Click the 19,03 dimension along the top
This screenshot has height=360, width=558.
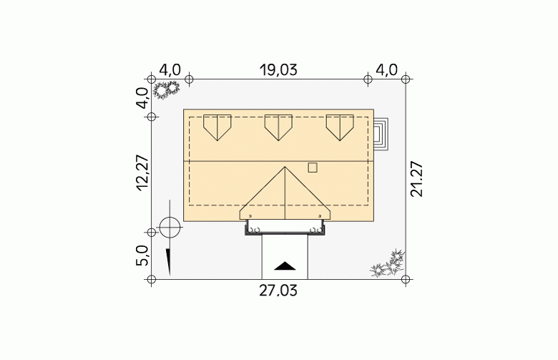278,70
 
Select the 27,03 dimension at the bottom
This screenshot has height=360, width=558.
278,291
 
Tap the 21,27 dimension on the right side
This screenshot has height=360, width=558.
417,179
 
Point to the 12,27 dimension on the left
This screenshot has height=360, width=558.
142,173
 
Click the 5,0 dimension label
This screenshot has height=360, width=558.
142,256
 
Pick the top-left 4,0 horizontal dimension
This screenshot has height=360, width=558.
170,70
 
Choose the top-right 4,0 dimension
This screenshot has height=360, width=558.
386,70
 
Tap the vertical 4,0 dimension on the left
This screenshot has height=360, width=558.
142,98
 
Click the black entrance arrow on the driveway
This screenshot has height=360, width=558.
285,266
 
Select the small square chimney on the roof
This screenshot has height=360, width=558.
313,167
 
